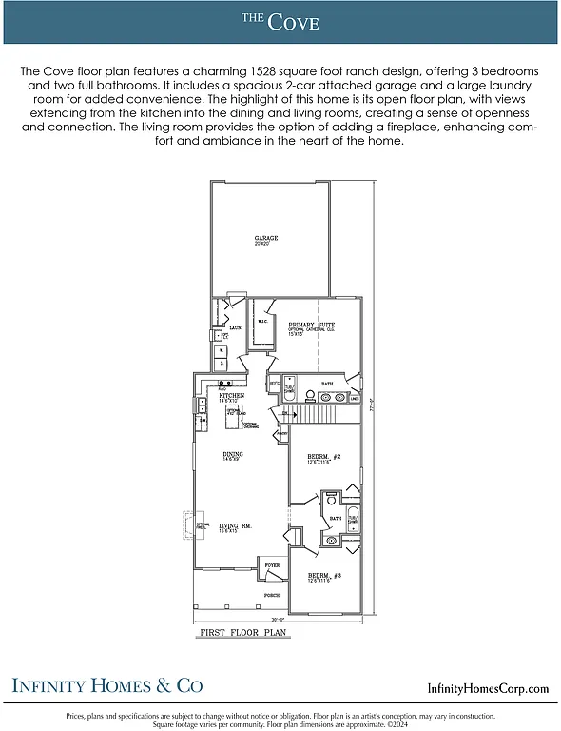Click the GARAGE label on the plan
click(266, 238)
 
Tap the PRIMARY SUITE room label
click(311, 325)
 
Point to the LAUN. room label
click(236, 328)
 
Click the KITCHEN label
click(232, 395)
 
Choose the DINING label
click(232, 454)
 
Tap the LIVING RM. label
click(235, 525)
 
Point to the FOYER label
click(272, 565)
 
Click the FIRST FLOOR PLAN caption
click(242, 632)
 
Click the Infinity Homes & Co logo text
click(106, 685)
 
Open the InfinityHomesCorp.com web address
click(488, 688)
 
